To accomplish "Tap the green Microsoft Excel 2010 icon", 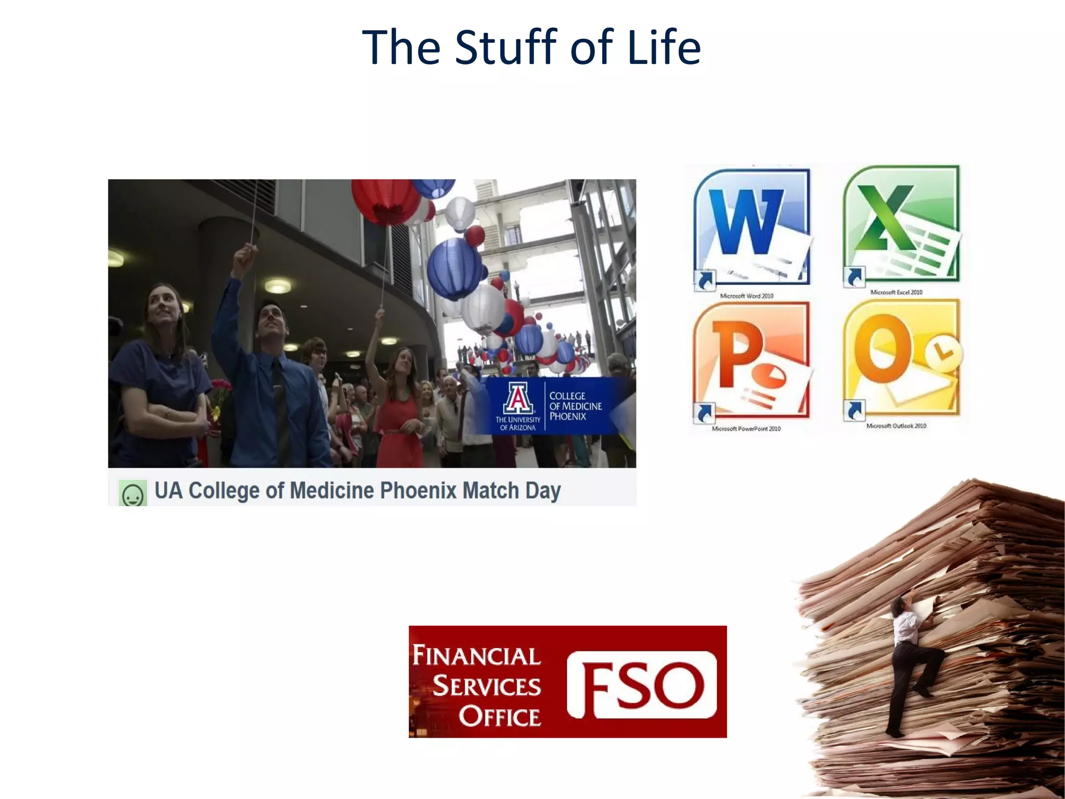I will click(901, 224).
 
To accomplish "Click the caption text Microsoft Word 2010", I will click(746, 296).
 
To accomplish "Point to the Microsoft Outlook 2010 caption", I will click(896, 426).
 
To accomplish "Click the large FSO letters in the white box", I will click(642, 685).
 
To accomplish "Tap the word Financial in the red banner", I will click(476, 655).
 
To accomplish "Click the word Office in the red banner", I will click(499, 716).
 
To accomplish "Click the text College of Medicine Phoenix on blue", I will click(575, 406).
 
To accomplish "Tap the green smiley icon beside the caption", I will click(133, 493).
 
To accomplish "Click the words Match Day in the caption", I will click(511, 491).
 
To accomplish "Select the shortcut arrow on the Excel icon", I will click(853, 277).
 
